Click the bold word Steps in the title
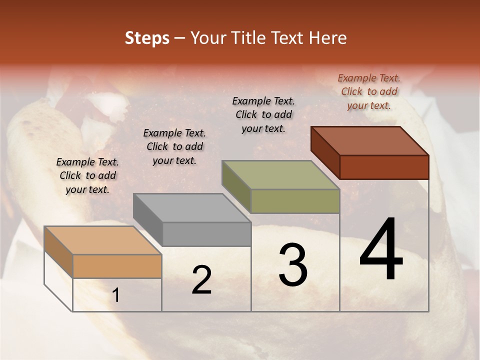[x=147, y=38]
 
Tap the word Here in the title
[x=327, y=38]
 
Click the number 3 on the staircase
[x=292, y=265]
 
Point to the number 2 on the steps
[x=201, y=280]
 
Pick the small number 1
[x=115, y=295]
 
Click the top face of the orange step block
[x=102, y=240]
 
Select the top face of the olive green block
[x=280, y=175]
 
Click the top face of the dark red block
[x=369, y=140]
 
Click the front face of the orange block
[x=117, y=266]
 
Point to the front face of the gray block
[x=206, y=234]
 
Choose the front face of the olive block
[x=295, y=201]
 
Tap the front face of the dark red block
[x=384, y=166]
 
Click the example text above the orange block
[x=87, y=175]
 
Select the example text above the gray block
[x=174, y=146]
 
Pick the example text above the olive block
[x=263, y=114]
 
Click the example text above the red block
[x=369, y=91]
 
